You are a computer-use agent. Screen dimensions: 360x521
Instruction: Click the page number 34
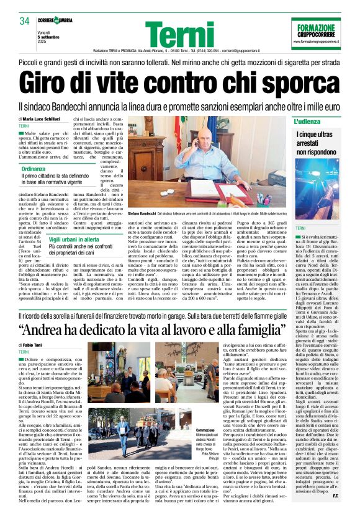pyautogui.click(x=24, y=21)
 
